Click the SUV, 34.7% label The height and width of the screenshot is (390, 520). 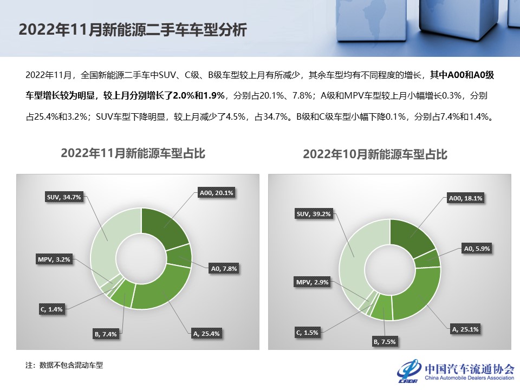[x=64, y=197]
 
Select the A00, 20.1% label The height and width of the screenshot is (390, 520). [x=217, y=192]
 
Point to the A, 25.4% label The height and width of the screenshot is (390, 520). [x=206, y=334]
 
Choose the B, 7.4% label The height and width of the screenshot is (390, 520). [x=106, y=334]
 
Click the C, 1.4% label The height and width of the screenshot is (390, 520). [x=52, y=309]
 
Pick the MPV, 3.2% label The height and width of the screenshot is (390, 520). [x=54, y=260]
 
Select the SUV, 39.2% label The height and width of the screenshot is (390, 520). [x=313, y=214]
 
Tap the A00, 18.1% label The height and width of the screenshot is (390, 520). [x=465, y=198]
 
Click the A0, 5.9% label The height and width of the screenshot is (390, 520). [x=476, y=249]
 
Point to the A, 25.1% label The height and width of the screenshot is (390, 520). [x=465, y=328]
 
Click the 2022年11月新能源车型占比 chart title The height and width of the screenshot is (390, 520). [x=133, y=153]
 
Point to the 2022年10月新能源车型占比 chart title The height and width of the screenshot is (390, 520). [x=375, y=155]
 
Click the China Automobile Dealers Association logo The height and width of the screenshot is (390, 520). [x=455, y=370]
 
